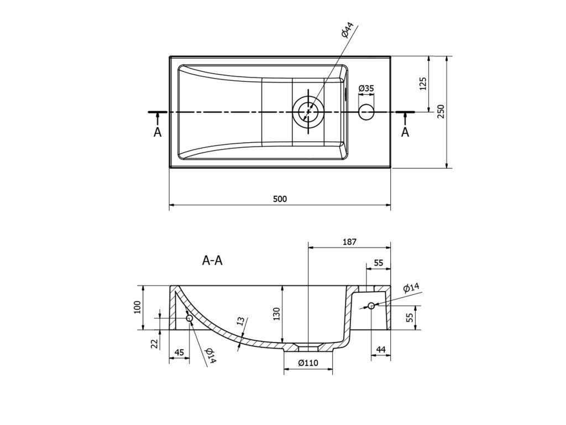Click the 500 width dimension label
[x=280, y=200]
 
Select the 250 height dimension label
[x=441, y=111]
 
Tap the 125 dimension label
[x=423, y=84]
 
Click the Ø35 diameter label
[x=366, y=88]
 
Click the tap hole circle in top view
[x=366, y=112]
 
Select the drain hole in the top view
[x=307, y=111]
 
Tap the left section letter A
[x=158, y=132]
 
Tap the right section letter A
[x=405, y=132]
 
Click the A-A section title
[x=212, y=261]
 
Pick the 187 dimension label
[x=350, y=241]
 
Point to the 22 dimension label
[x=155, y=343]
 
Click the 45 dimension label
[x=179, y=352]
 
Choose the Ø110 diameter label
[x=307, y=363]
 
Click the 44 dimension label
[x=381, y=349]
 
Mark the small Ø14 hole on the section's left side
[x=189, y=318]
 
